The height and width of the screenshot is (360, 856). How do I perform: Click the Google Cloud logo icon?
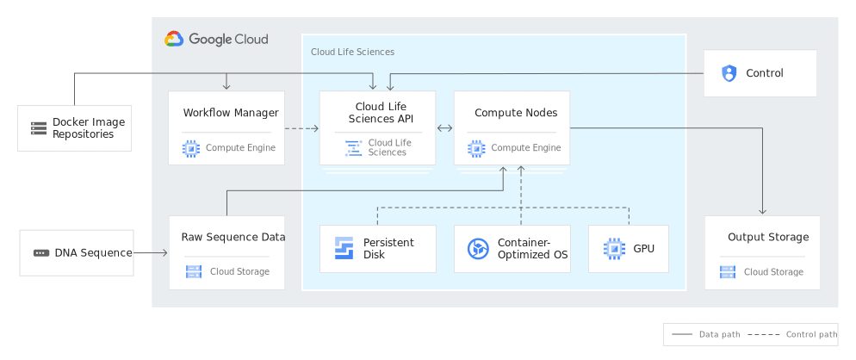(x=174, y=39)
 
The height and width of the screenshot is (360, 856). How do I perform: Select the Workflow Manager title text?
(x=231, y=113)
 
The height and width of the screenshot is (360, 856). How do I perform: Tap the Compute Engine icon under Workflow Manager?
(x=191, y=148)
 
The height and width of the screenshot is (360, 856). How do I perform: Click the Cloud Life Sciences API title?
(x=379, y=113)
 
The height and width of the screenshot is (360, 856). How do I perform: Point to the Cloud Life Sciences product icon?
(x=353, y=148)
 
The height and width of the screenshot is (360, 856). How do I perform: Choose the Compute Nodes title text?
(x=516, y=113)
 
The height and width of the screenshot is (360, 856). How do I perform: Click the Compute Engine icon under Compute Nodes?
(x=476, y=148)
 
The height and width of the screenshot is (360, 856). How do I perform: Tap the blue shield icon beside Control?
(x=729, y=73)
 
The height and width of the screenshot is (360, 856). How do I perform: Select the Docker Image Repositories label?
(x=88, y=128)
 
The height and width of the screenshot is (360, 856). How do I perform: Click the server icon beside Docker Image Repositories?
(x=39, y=128)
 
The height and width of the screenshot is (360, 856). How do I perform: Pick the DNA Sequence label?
(x=93, y=253)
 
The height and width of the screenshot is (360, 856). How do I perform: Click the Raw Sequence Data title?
(x=233, y=237)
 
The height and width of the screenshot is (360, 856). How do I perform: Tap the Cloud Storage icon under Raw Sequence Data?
(x=194, y=272)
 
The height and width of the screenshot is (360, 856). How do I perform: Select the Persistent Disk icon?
(x=344, y=249)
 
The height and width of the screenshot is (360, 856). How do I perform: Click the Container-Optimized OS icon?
(x=478, y=249)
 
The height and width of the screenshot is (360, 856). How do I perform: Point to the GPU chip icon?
(x=613, y=249)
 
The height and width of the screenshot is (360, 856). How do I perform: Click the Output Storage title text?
(x=768, y=237)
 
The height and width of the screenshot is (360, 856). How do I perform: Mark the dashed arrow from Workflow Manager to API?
(x=301, y=129)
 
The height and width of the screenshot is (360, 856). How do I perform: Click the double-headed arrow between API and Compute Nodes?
(x=445, y=129)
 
